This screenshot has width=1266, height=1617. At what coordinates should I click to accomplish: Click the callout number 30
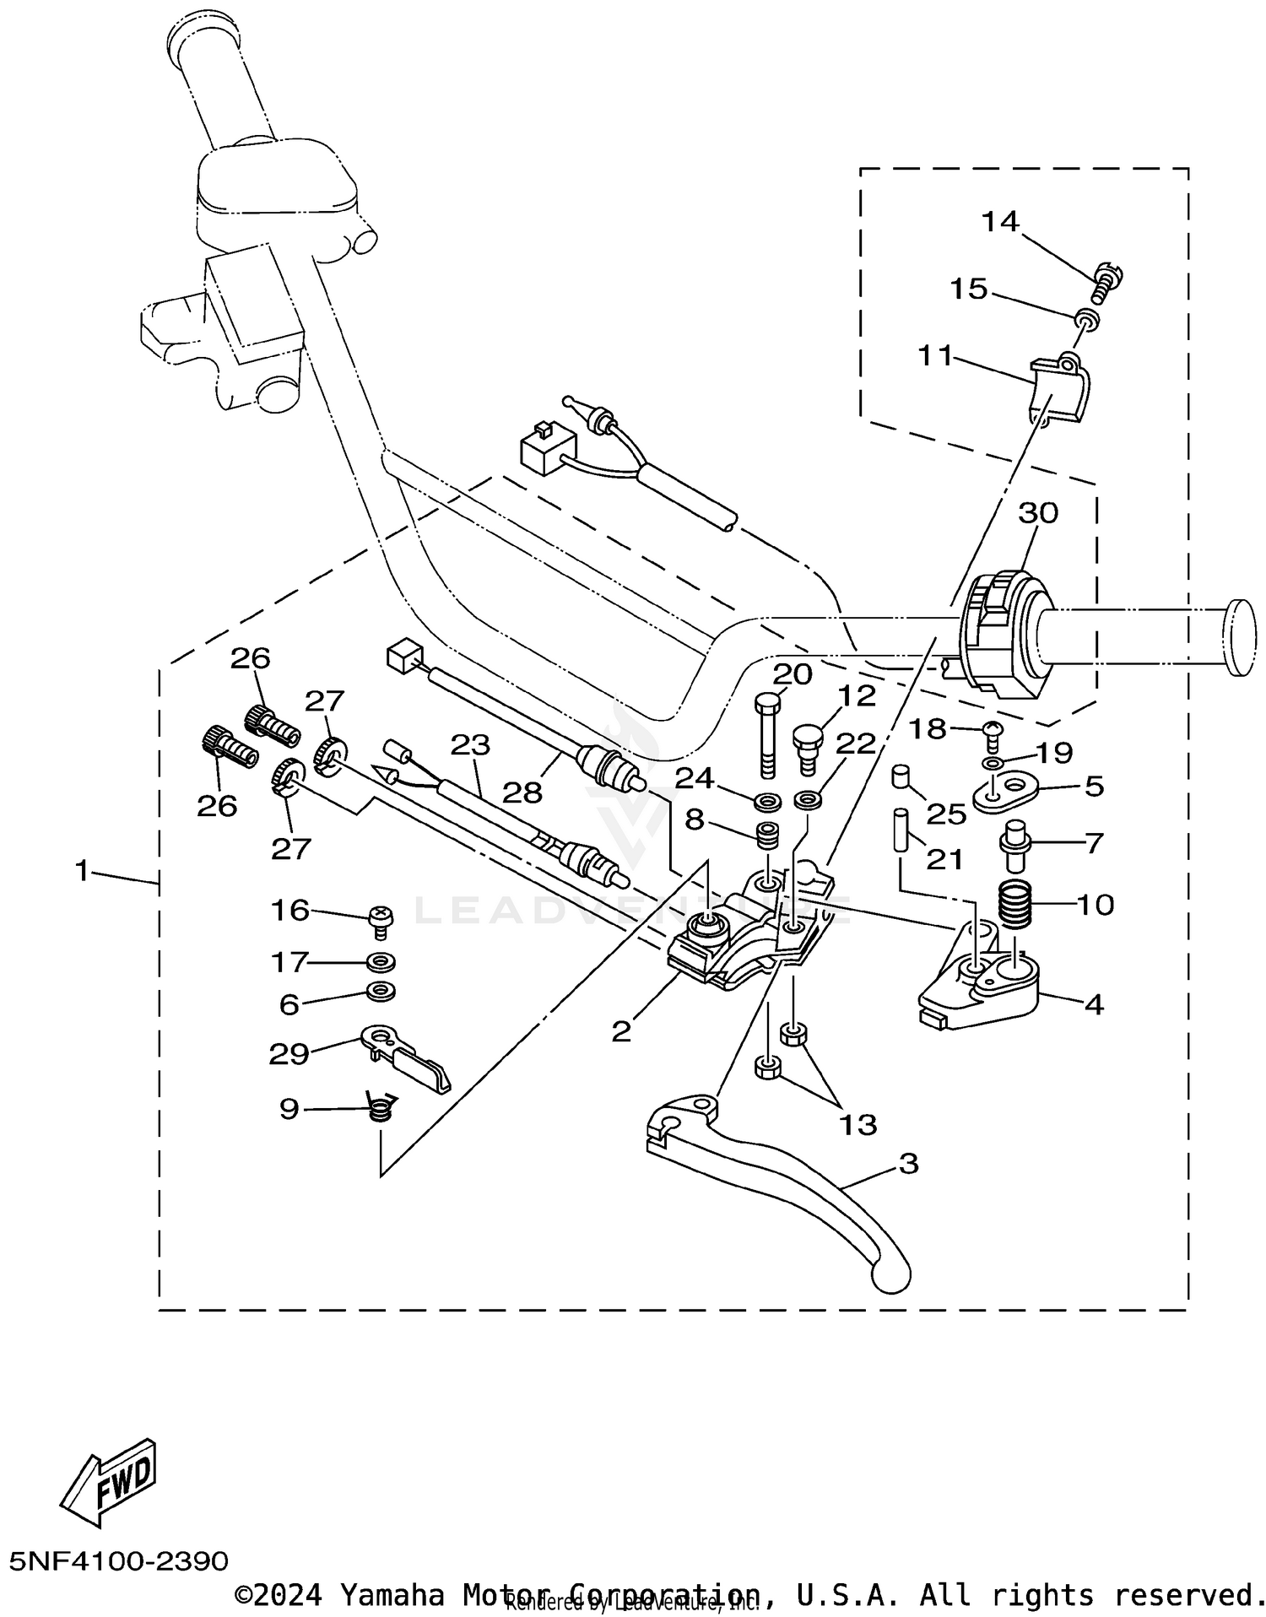coord(1037,512)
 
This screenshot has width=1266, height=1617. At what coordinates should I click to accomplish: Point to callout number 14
coord(1000,222)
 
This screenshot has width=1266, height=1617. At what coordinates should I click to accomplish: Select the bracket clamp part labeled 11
coord(1059,389)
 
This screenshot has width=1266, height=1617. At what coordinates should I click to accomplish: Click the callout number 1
coord(82,869)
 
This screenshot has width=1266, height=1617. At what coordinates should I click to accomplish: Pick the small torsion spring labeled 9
coord(381,1107)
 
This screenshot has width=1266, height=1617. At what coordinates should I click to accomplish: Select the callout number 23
coord(470,744)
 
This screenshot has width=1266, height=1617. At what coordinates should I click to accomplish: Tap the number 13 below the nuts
coord(858,1124)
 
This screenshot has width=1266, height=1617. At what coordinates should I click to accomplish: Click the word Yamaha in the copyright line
coord(392,1594)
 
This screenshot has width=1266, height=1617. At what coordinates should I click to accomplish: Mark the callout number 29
coord(288,1053)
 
